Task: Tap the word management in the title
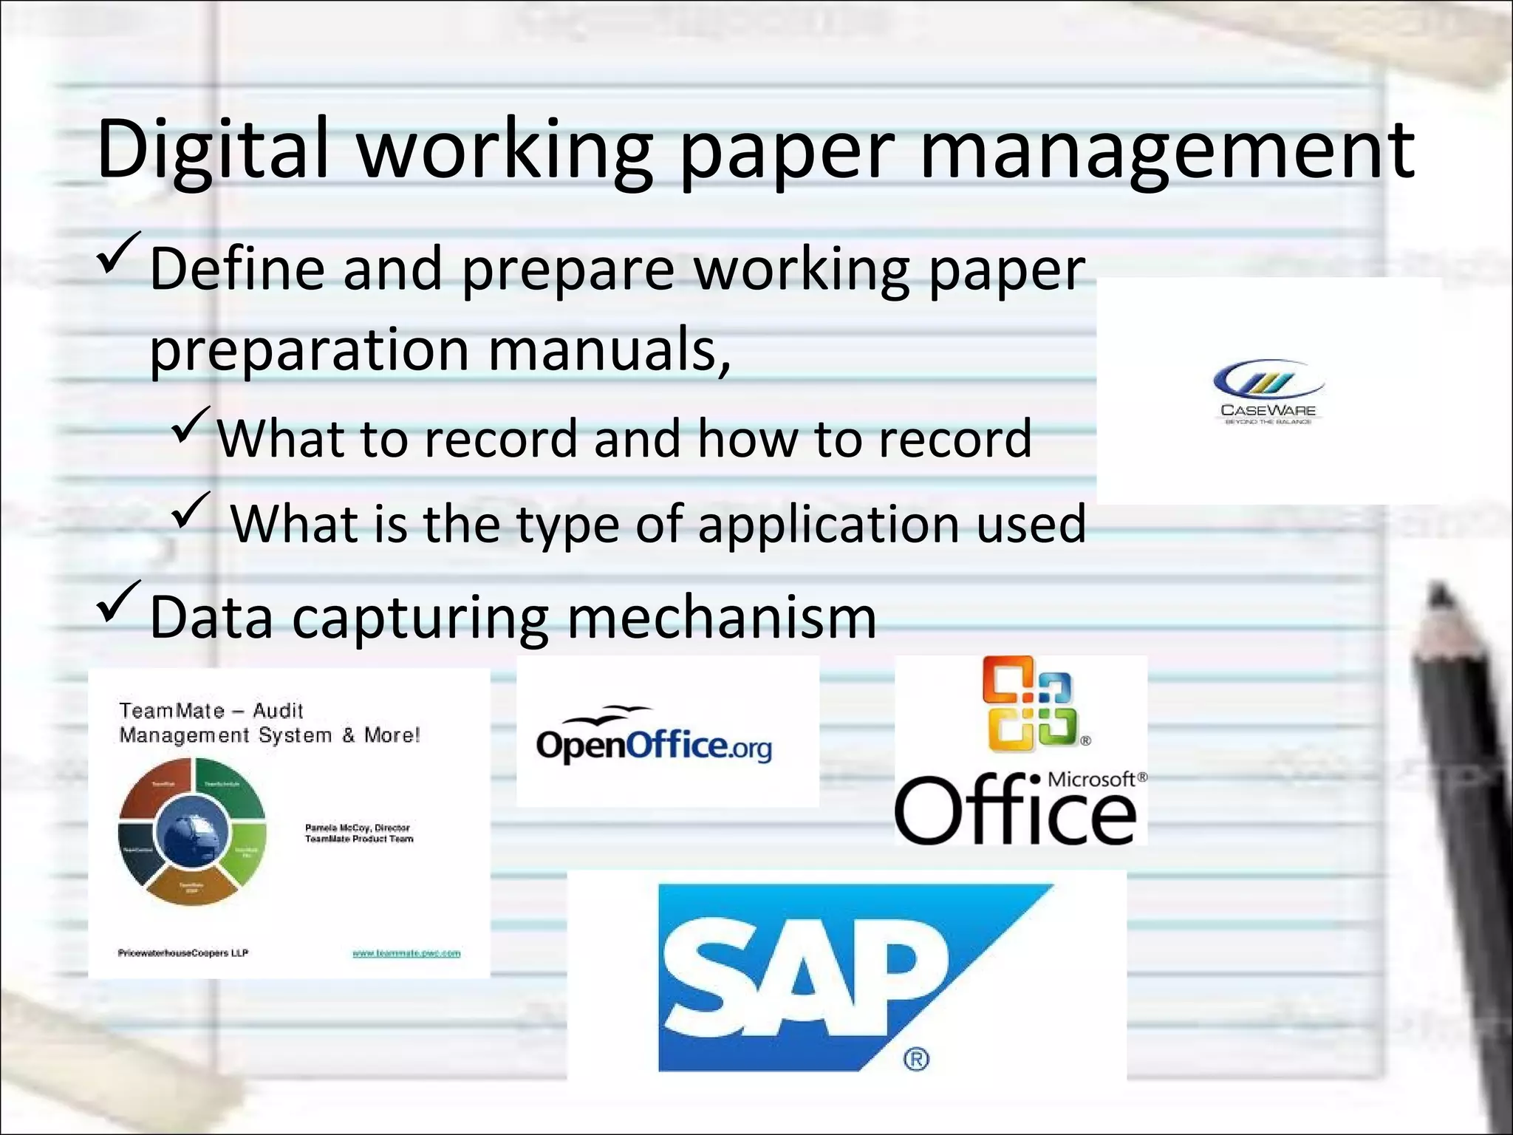(1167, 151)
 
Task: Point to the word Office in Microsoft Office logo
(1016, 811)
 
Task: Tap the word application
(827, 524)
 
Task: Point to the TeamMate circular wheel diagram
(191, 831)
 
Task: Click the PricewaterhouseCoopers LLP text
(182, 952)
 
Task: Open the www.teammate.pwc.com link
(406, 953)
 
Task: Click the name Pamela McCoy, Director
(358, 828)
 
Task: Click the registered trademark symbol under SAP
(916, 1060)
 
